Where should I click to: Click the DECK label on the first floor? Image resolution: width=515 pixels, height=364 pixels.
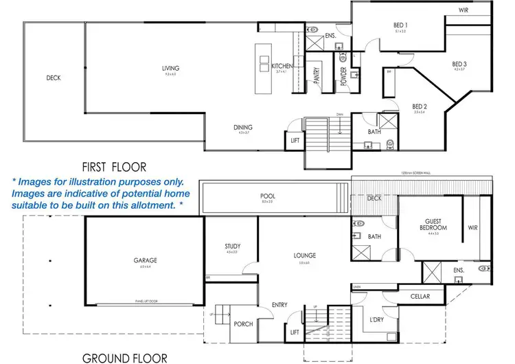[x=54, y=78]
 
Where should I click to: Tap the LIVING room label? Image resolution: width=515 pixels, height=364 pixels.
[x=170, y=69]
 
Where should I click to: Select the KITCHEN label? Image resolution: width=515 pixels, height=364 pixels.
[x=282, y=66]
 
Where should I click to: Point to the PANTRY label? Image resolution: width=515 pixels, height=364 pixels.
[x=317, y=75]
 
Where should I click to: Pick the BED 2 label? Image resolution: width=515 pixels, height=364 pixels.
[x=420, y=106]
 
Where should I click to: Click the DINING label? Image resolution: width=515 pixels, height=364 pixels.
[x=242, y=127]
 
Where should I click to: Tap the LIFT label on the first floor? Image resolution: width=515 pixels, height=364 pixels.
[x=295, y=141]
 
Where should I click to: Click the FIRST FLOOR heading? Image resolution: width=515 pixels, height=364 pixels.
[x=114, y=167]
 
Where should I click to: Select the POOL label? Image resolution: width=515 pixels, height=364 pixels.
[x=268, y=196]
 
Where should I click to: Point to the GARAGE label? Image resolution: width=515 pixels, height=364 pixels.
[x=146, y=260]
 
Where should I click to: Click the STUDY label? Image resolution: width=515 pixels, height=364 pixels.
[x=231, y=247]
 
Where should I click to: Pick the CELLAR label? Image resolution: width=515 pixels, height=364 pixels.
[x=420, y=297]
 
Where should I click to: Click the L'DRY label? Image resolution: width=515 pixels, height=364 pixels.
[x=376, y=321]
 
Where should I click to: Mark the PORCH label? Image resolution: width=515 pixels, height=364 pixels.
[x=243, y=324]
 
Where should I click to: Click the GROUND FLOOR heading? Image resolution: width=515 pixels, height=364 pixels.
[x=124, y=358]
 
